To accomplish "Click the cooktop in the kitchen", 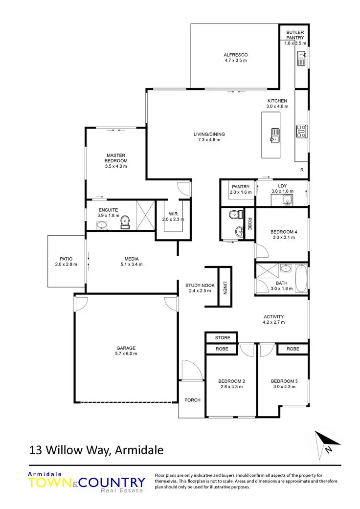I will point(301,130).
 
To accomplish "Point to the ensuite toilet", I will point(125,222).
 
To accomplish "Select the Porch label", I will point(192,400).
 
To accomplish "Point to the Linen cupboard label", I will point(225,288).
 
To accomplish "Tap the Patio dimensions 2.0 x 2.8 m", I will point(66,265).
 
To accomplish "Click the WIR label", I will point(174,214).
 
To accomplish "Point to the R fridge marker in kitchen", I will point(302,170).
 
